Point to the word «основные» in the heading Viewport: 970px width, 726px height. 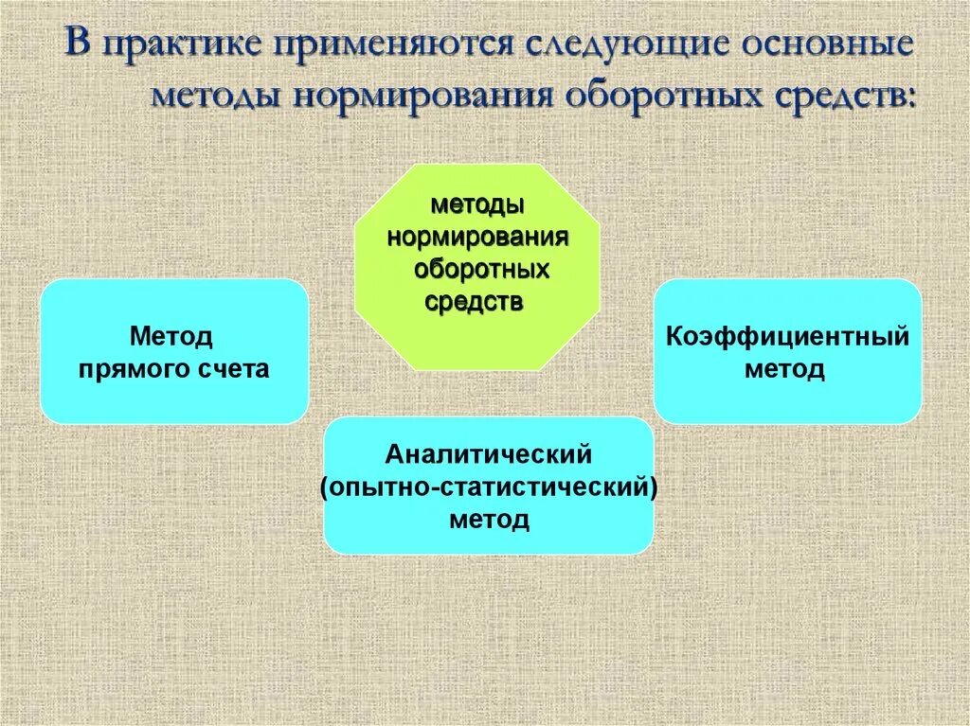[825, 47]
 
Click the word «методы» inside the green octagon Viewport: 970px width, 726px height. [478, 204]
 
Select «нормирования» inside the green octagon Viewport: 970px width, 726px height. [477, 237]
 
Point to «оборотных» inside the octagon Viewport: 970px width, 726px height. [481, 270]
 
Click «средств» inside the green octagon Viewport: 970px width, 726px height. [474, 302]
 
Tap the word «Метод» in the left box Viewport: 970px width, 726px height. [171, 336]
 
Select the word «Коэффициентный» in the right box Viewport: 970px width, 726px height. [787, 336]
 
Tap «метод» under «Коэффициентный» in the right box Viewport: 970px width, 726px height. [784, 369]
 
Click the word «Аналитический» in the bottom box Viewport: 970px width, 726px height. [489, 454]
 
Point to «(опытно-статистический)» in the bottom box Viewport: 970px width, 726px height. [489, 487]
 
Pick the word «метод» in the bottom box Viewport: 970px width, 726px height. [489, 521]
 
